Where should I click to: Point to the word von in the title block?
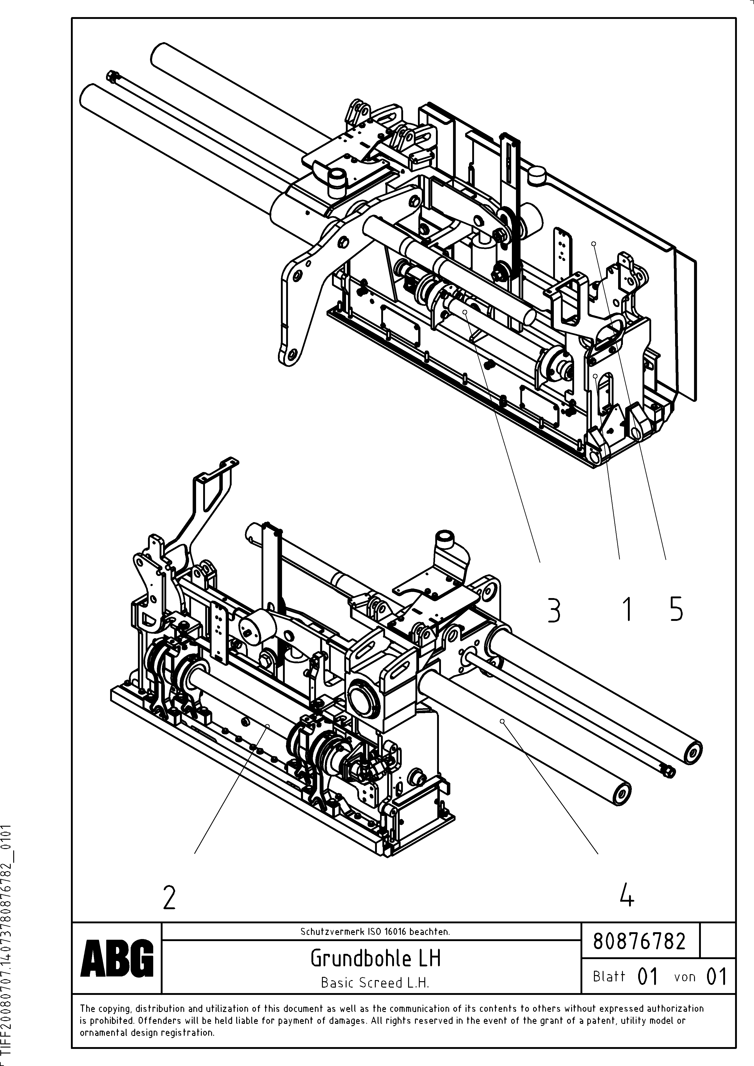pos(685,977)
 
